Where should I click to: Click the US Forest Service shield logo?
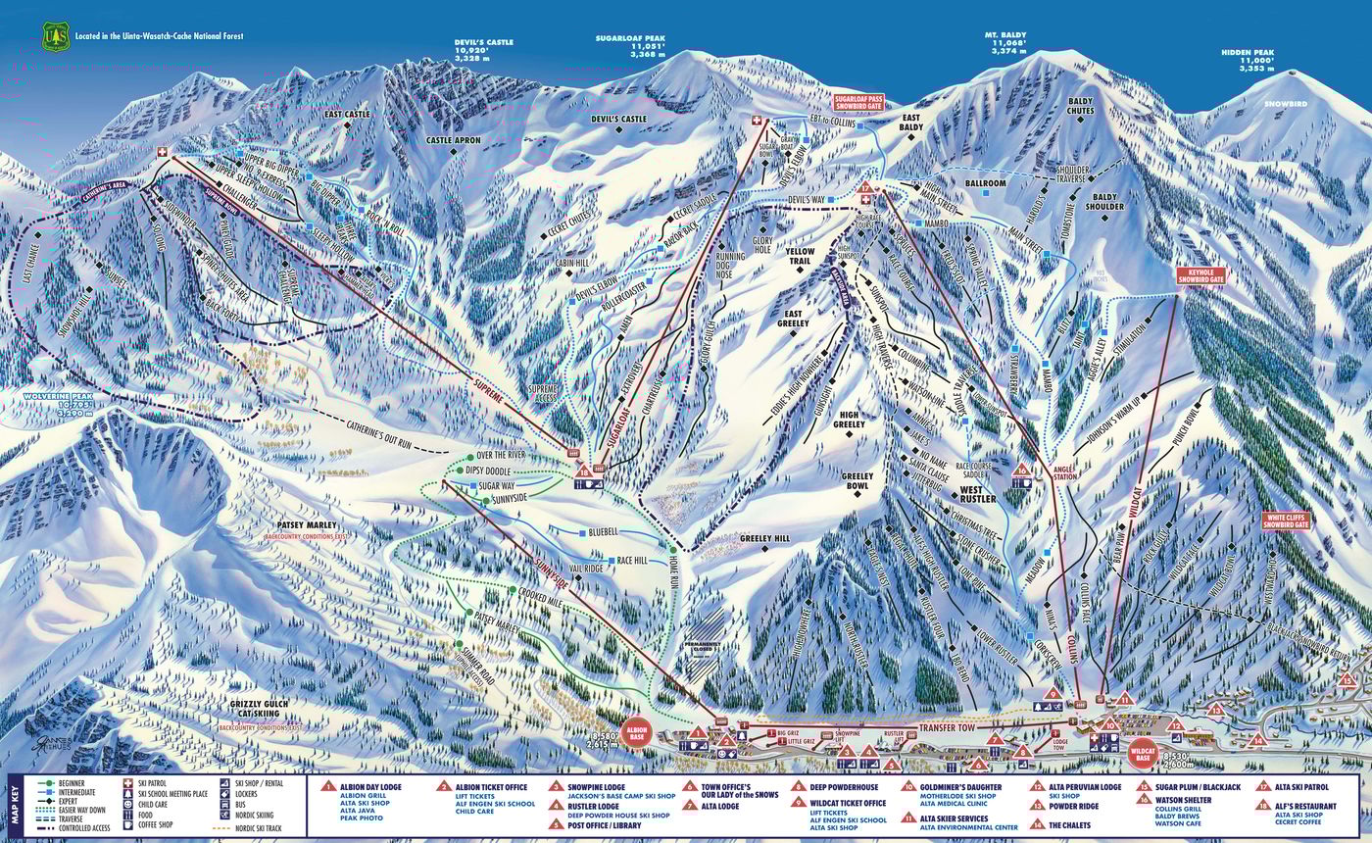tap(54, 36)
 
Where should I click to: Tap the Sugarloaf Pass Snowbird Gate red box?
tap(858, 103)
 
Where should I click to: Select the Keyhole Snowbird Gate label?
tap(1201, 275)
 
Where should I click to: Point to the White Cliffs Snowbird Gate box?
tap(1286, 521)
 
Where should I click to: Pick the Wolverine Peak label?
tap(55, 396)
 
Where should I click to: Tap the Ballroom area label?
tap(985, 183)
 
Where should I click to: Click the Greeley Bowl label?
tap(856, 481)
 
